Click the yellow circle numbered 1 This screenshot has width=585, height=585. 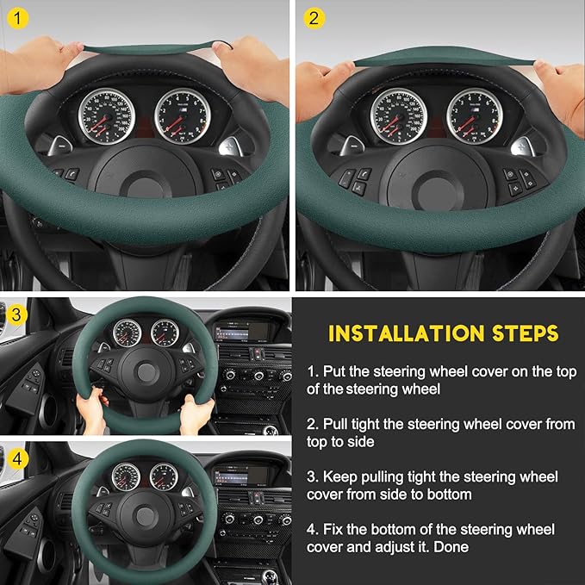pos(17,17)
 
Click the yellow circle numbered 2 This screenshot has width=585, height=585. pos(313,17)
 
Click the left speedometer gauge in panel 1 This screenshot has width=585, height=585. pos(107,115)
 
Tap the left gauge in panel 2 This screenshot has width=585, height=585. pos(399,115)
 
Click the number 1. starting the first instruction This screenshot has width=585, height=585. pos(313,371)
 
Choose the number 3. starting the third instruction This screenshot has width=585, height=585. pos(313,476)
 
